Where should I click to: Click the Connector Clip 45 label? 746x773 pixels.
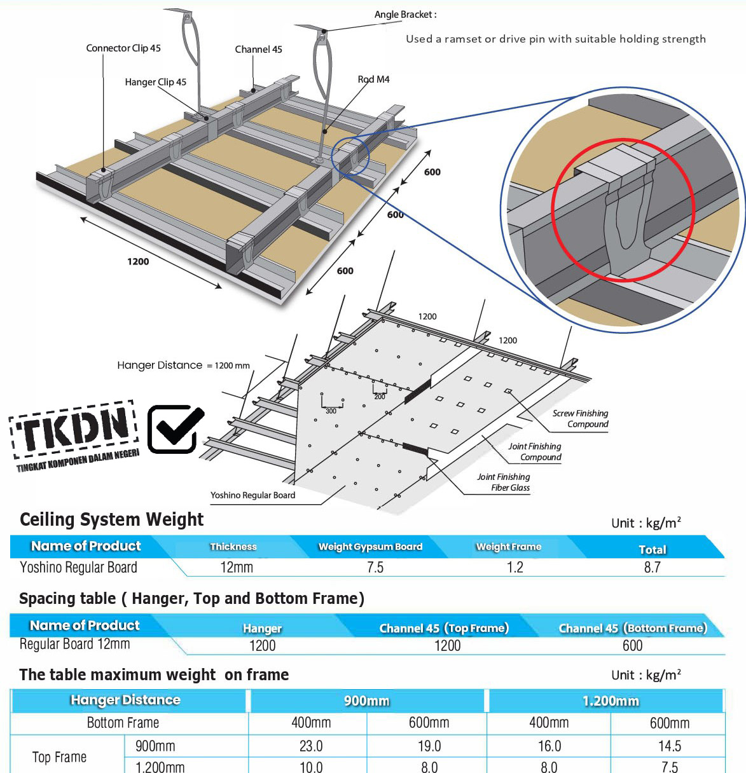point(123,48)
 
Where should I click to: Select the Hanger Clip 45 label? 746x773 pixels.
point(155,82)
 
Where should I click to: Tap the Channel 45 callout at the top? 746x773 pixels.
point(258,50)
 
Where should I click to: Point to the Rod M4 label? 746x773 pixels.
point(373,79)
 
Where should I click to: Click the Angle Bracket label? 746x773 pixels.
point(405,15)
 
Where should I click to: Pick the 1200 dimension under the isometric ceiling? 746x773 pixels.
point(138,261)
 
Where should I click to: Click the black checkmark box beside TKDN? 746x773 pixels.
point(175,429)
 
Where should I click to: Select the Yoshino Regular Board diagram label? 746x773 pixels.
point(252,495)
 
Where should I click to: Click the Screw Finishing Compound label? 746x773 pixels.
point(580,419)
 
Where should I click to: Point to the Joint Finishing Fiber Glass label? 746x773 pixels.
point(504,482)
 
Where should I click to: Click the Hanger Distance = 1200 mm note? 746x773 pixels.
point(183,366)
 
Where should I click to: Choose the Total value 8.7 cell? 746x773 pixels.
point(652,568)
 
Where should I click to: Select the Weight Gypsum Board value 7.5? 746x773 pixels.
point(375,568)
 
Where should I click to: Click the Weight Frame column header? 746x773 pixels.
point(509,547)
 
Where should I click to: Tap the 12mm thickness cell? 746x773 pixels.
point(237,568)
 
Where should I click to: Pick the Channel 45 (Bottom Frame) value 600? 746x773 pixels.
point(632,646)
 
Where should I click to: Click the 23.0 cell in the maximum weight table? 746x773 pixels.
point(311,746)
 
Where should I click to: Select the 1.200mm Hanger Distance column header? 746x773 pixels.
point(611,701)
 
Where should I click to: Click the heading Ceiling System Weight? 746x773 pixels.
point(112,520)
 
